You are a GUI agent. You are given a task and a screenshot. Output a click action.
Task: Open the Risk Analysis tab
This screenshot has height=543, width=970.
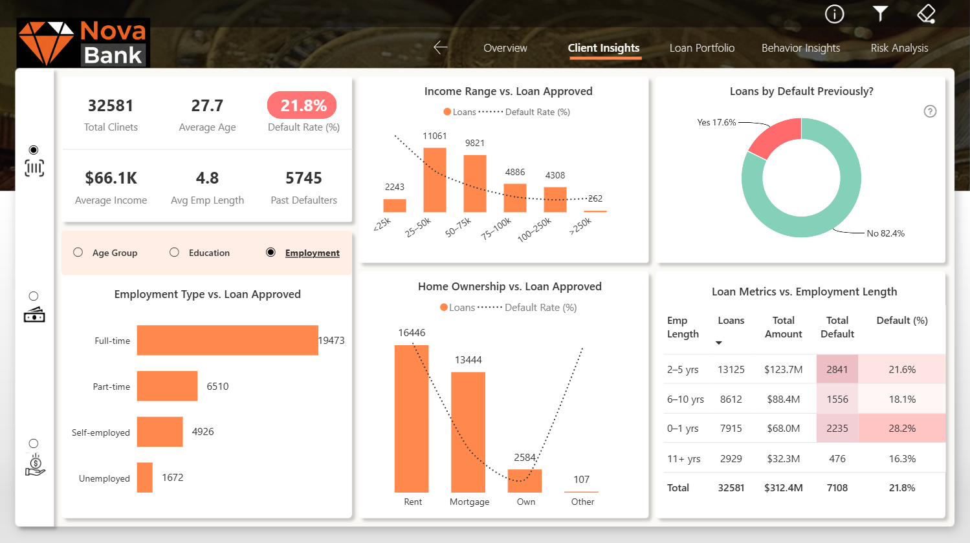(x=899, y=48)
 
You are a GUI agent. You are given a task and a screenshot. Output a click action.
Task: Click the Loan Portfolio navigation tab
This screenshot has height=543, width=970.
(x=702, y=48)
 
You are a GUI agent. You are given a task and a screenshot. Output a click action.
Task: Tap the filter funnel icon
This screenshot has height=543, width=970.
(x=880, y=14)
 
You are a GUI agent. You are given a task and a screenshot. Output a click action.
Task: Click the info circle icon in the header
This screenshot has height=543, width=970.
(x=834, y=14)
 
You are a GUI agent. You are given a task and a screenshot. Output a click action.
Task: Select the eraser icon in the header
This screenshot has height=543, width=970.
(x=926, y=14)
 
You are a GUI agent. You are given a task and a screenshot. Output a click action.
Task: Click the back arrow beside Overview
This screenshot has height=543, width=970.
(x=441, y=47)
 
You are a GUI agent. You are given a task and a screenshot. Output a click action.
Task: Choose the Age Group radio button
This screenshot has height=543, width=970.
(x=78, y=252)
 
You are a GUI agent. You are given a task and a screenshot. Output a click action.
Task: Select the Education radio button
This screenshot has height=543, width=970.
(x=174, y=252)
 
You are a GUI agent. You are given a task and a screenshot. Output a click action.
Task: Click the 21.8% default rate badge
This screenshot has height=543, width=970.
(x=302, y=105)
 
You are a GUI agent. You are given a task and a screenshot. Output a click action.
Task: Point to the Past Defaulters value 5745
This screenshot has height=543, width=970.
(x=303, y=178)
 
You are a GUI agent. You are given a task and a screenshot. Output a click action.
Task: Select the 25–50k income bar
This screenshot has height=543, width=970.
(x=435, y=180)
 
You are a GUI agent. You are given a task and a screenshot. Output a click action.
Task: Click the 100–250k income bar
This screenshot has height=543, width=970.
(x=555, y=200)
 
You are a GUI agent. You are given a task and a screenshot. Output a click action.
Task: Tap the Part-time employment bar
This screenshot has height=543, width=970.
(x=167, y=386)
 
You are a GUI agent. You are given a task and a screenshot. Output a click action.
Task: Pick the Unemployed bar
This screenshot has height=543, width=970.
(x=145, y=478)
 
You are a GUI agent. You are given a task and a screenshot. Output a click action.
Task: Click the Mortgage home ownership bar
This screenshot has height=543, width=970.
(x=468, y=432)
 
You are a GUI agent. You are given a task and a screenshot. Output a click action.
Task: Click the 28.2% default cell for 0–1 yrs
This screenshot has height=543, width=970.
(x=902, y=429)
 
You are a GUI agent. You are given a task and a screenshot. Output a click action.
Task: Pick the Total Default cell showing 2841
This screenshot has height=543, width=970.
(x=837, y=370)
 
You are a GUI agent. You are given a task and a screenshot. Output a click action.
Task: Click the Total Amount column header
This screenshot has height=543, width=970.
(x=784, y=327)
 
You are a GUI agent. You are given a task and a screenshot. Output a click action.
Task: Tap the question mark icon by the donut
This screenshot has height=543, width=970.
(x=930, y=112)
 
